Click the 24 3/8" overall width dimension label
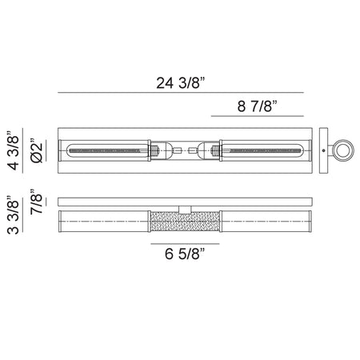point(181,82)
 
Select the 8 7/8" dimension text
point(258,106)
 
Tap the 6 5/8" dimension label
point(185,254)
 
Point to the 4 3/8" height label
point(14,150)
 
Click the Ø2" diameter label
point(36,150)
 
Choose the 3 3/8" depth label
point(14,214)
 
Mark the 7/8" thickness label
point(36,202)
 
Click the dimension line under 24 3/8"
point(181,93)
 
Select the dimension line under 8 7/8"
point(258,116)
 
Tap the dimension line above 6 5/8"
point(185,243)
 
